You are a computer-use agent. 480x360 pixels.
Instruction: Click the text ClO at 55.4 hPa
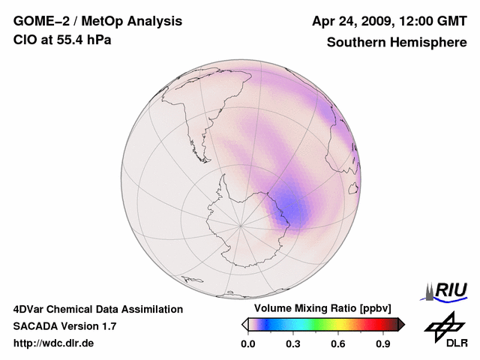click(x=62, y=40)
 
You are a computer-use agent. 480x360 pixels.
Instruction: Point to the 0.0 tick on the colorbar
click(x=248, y=344)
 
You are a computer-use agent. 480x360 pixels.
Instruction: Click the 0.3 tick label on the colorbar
click(x=293, y=344)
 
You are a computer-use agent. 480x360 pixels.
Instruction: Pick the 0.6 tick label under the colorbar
click(x=338, y=344)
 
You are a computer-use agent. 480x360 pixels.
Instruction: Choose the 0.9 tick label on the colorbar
click(x=383, y=344)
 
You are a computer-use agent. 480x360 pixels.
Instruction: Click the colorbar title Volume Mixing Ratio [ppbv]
click(x=322, y=309)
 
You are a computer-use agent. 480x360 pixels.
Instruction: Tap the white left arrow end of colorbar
click(x=245, y=324)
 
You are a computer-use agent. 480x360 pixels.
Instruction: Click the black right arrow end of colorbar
click(x=401, y=324)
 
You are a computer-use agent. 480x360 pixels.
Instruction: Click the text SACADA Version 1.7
click(x=64, y=326)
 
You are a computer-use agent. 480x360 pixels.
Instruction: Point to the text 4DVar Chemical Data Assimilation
click(x=97, y=309)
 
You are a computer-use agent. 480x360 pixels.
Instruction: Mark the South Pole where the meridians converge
click(x=241, y=224)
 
